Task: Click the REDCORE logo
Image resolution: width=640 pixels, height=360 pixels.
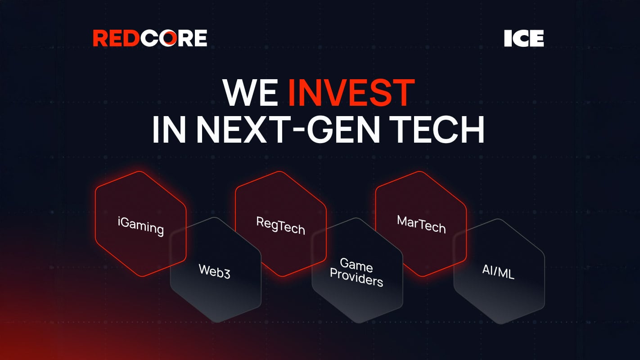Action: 150,38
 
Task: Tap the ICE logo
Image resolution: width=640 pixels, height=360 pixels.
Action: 524,39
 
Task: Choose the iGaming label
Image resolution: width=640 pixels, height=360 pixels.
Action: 140,225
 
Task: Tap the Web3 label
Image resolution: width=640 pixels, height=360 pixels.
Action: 214,271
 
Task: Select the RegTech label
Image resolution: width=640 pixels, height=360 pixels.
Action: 280,225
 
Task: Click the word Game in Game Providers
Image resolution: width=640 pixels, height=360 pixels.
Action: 356,265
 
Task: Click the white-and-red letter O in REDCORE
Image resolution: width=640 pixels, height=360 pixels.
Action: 167,38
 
